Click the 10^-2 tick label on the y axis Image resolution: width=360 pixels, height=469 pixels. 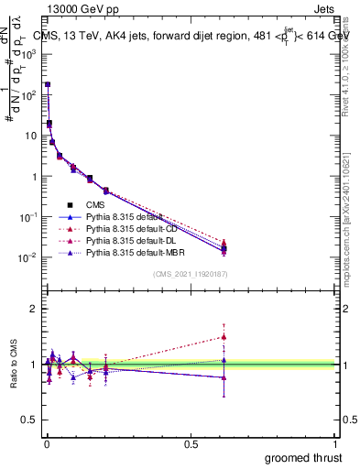coord(27,257)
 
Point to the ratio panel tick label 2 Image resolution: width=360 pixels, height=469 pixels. coord(33,309)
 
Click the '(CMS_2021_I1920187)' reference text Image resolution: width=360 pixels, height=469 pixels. coord(190,274)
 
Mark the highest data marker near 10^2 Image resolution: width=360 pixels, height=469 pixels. coord(48,84)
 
